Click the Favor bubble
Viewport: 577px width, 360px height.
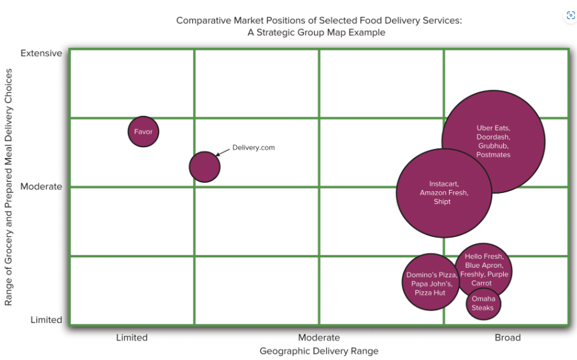(x=143, y=132)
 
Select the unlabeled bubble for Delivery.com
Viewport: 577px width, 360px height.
(x=204, y=167)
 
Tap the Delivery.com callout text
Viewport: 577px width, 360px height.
(x=253, y=147)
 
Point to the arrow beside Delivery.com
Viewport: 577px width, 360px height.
(x=223, y=152)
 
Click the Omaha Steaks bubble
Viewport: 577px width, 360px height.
(x=483, y=303)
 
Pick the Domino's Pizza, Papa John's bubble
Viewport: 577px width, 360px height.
(x=431, y=282)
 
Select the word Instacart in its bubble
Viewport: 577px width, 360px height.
(x=443, y=184)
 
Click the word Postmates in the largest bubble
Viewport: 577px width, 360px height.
(x=493, y=155)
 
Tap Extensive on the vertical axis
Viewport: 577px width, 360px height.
(x=41, y=53)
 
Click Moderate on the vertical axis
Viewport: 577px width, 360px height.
(x=41, y=187)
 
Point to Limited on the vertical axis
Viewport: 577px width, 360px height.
(x=46, y=320)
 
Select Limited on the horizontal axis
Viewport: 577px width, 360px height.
(x=132, y=338)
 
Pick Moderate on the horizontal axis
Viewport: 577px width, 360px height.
(x=319, y=338)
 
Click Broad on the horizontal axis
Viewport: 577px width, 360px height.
(x=508, y=338)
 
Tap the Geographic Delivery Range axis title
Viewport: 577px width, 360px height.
(x=319, y=351)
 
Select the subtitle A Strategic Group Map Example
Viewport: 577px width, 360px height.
(x=317, y=32)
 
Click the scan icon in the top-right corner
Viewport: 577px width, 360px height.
(x=571, y=16)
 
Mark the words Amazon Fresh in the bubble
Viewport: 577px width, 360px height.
(x=443, y=193)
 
